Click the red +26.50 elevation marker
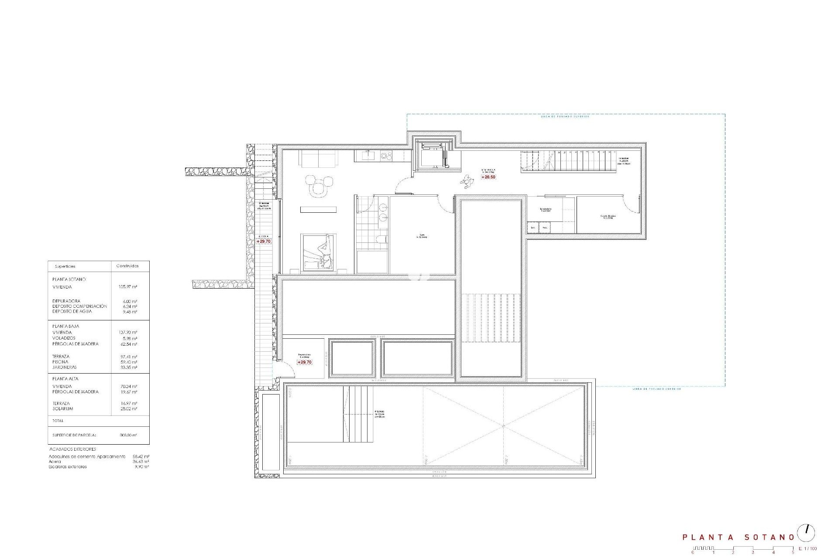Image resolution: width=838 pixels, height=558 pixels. (x=488, y=177)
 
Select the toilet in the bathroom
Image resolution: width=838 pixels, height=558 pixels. (x=381, y=239)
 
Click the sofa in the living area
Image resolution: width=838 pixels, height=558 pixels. (x=318, y=158)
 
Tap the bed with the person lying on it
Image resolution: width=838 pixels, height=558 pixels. (x=319, y=252)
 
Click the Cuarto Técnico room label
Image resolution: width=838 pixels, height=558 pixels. (x=606, y=217)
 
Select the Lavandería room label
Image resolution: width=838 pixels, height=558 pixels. (x=546, y=209)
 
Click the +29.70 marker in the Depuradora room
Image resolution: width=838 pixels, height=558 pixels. (x=305, y=362)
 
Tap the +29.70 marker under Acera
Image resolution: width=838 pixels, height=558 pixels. (x=264, y=241)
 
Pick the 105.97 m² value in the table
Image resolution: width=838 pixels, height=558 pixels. (x=128, y=287)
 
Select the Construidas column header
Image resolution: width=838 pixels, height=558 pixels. (x=127, y=266)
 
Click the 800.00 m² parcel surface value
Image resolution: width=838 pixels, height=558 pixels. (x=128, y=435)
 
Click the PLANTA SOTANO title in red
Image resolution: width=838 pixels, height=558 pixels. (x=738, y=537)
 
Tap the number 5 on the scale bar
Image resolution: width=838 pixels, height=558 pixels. (x=793, y=552)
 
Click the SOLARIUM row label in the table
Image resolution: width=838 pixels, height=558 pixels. (x=63, y=409)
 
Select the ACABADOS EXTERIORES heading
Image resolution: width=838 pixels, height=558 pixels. (x=72, y=449)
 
